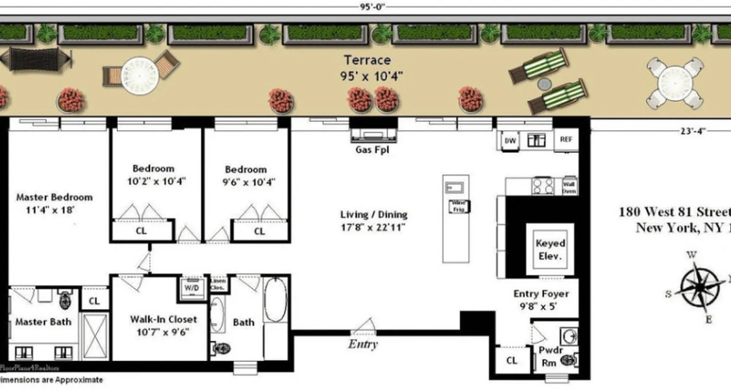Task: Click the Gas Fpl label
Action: (x=372, y=150)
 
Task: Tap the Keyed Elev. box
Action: (x=550, y=249)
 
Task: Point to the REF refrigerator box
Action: (x=566, y=139)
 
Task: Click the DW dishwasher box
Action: (x=510, y=141)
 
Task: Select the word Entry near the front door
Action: (x=363, y=344)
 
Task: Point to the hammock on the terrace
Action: (x=35, y=58)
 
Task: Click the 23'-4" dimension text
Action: (x=692, y=131)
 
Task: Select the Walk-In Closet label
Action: (x=163, y=325)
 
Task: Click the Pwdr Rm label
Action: (x=550, y=356)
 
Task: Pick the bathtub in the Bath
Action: (x=275, y=299)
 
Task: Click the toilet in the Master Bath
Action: (x=65, y=301)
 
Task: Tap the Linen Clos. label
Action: (x=217, y=284)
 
